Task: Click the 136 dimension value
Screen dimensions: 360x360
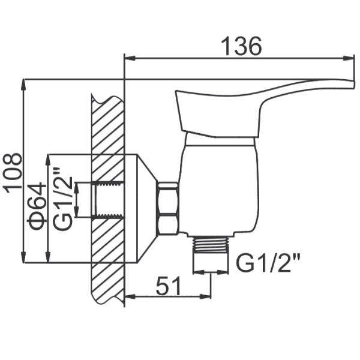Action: click(x=241, y=46)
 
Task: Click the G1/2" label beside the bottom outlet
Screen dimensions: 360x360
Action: click(x=268, y=263)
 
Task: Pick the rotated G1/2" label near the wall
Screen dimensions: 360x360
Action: click(x=62, y=199)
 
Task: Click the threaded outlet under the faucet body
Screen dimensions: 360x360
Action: click(x=211, y=245)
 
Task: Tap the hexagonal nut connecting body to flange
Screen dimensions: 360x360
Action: click(x=168, y=208)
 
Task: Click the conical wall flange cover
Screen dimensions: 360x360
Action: click(x=147, y=208)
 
